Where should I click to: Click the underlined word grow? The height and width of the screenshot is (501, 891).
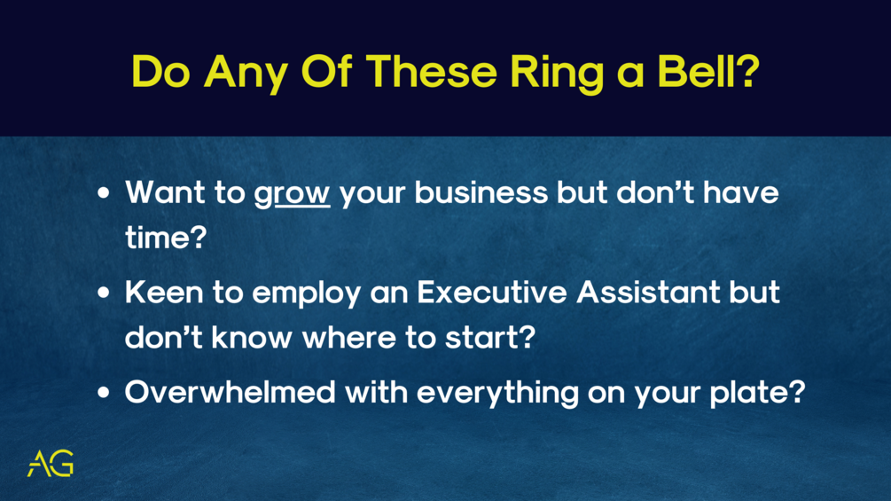[x=292, y=193]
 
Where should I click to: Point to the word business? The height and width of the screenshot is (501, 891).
[x=481, y=192]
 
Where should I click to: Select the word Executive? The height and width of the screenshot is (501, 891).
[x=492, y=292]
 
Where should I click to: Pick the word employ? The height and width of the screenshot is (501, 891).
[x=307, y=294]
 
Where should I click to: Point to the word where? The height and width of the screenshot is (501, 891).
[x=349, y=337]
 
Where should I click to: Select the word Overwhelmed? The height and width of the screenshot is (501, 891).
[x=231, y=392]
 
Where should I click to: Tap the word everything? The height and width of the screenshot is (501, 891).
[x=497, y=395]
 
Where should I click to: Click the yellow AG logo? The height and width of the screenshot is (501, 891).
[x=51, y=464]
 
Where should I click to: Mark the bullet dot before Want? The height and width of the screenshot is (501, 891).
[x=103, y=193]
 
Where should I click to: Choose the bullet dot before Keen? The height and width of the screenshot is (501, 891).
[x=103, y=293]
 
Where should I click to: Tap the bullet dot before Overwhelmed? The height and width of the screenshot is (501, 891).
[x=103, y=392]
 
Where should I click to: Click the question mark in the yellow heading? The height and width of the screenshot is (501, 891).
[x=746, y=72]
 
